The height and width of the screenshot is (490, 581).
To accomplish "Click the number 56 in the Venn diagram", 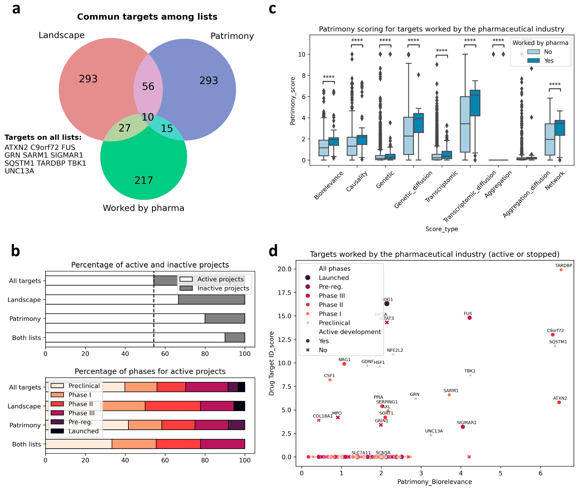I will click(x=148, y=86).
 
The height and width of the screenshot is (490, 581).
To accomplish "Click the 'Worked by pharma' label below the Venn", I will click(x=143, y=208).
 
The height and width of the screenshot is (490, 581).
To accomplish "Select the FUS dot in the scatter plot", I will click(x=469, y=318).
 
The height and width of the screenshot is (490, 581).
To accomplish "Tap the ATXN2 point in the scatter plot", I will click(x=559, y=402).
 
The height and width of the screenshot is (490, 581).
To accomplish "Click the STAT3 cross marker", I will click(x=387, y=322).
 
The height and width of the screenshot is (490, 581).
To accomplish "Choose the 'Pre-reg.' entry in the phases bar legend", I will click(x=80, y=422).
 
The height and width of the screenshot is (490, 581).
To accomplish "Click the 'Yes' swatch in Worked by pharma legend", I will click(x=533, y=61).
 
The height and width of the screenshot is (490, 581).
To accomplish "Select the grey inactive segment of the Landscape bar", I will click(x=211, y=299).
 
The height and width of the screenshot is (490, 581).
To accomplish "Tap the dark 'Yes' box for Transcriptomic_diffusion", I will click(x=475, y=103).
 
